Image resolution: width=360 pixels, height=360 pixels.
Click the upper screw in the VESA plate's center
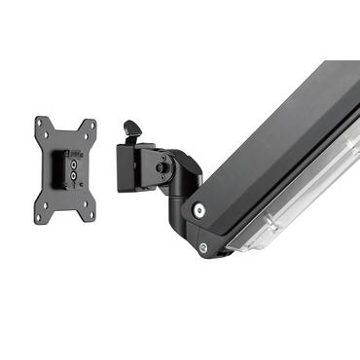click(x=74, y=163)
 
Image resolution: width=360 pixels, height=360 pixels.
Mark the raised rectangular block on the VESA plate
click(x=58, y=167)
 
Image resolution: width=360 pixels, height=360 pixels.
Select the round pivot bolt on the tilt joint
click(x=162, y=167)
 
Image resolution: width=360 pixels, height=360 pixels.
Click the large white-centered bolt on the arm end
click(x=199, y=210)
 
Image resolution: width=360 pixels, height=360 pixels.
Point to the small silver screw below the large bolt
click(x=203, y=247)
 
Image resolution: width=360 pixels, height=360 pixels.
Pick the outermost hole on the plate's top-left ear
click(x=39, y=123)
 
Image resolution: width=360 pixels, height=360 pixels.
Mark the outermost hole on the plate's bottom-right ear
click(x=91, y=213)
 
